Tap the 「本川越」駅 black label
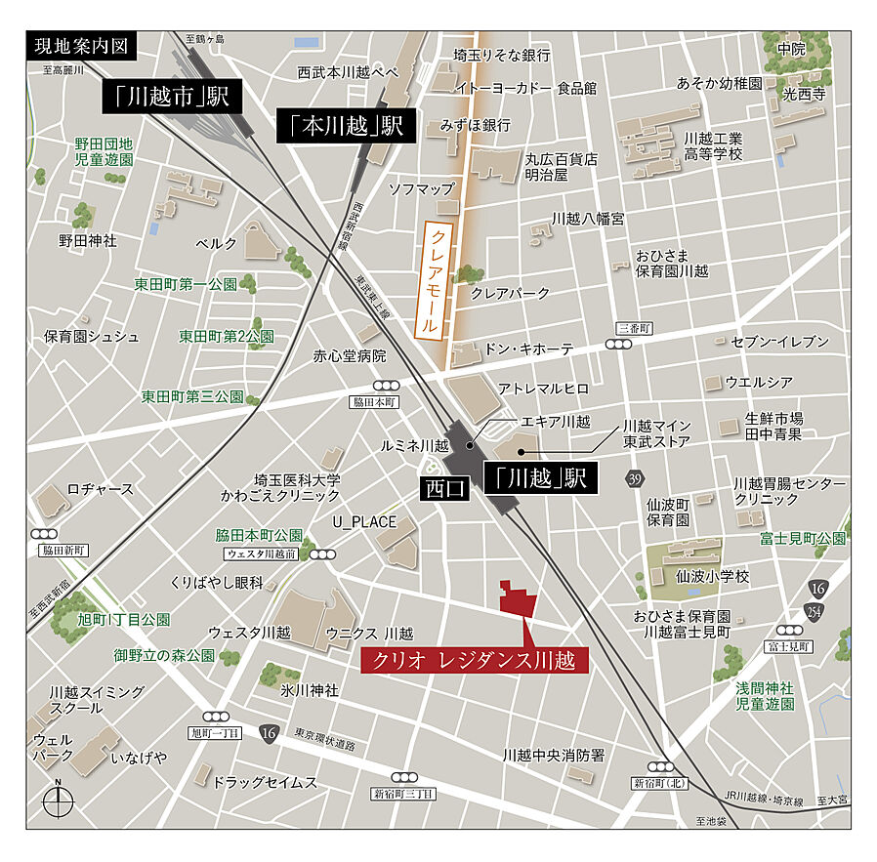point(347,126)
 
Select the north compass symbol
point(58,802)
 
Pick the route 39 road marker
point(636,477)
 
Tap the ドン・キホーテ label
point(529,349)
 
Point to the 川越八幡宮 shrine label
point(588,218)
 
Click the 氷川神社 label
point(310,689)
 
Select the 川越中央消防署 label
point(554,755)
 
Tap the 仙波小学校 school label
point(712,577)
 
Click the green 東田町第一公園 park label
point(186,285)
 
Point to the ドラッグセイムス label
point(266,782)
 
